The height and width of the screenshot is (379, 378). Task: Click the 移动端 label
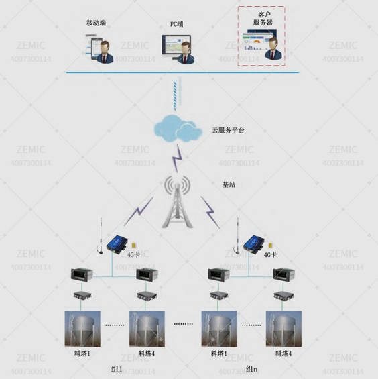(x=97, y=23)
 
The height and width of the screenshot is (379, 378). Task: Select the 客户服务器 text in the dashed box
(x=261, y=18)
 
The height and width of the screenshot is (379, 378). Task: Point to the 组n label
(x=252, y=369)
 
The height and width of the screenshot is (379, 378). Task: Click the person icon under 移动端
(x=106, y=51)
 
